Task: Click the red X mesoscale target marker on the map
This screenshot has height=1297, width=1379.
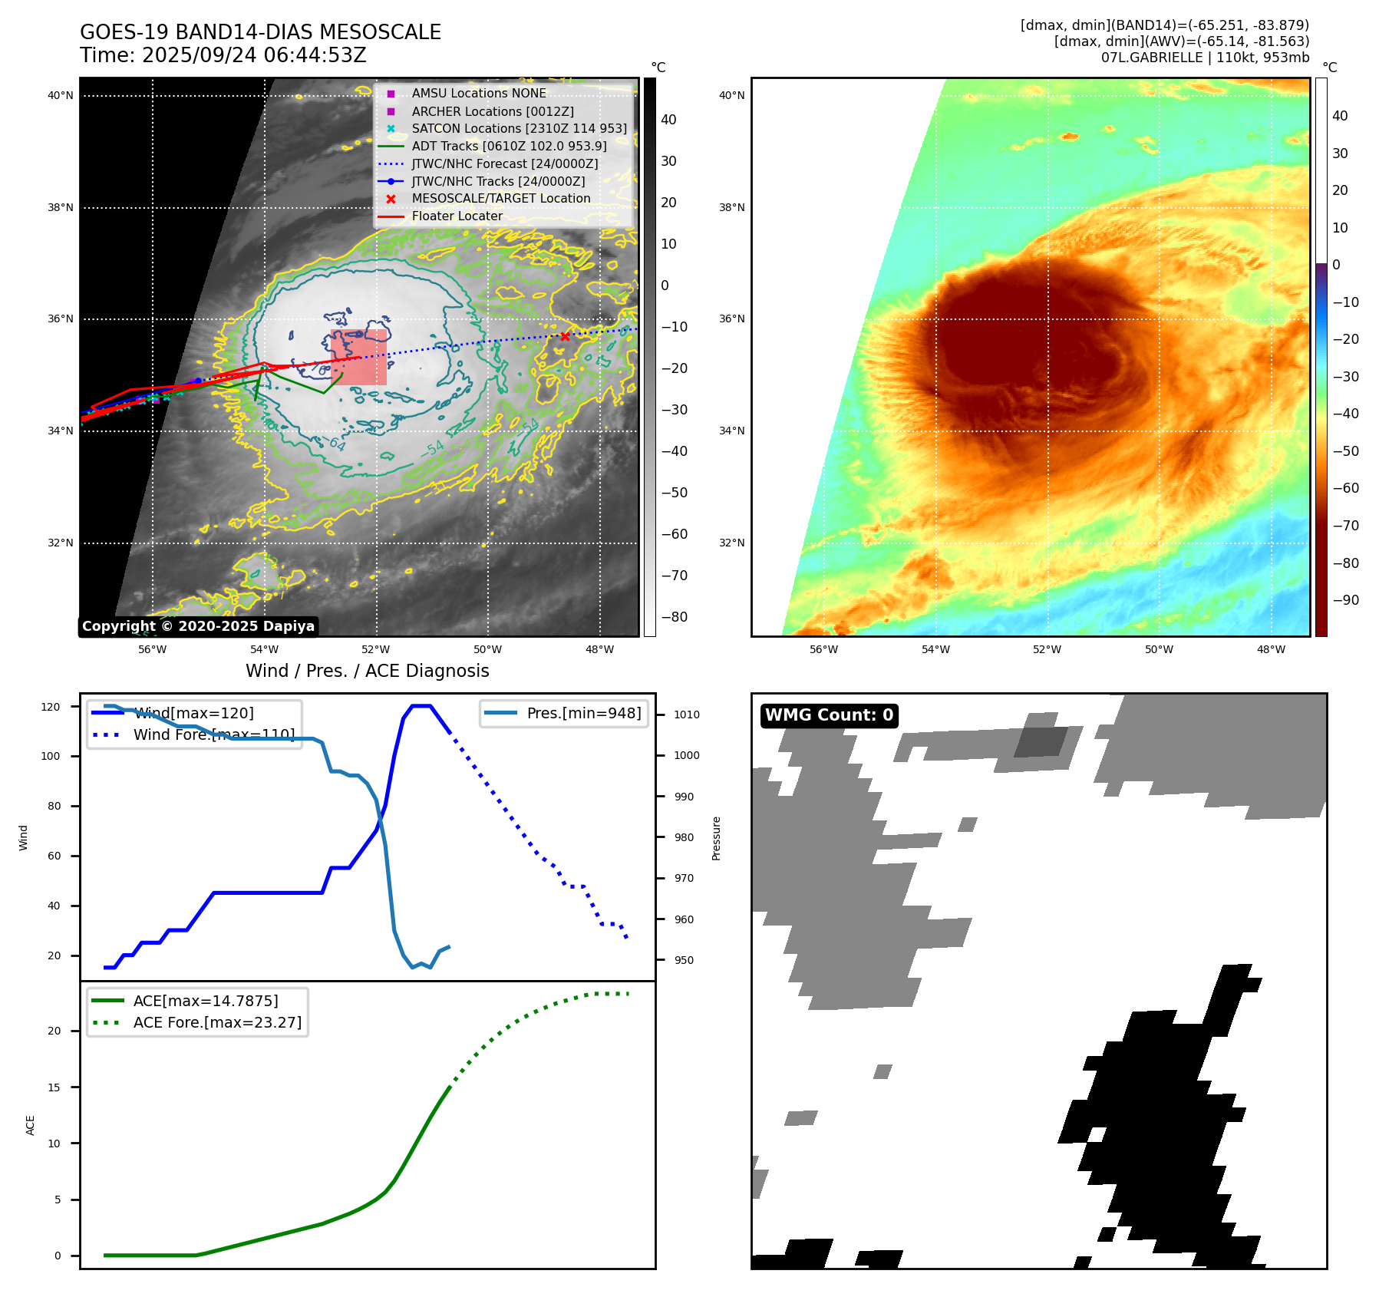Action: pyautogui.click(x=565, y=336)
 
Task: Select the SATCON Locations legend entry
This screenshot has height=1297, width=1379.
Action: pyautogui.click(x=519, y=128)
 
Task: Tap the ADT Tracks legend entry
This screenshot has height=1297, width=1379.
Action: pyautogui.click(x=509, y=146)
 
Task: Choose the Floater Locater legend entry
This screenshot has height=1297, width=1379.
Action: pyautogui.click(x=457, y=216)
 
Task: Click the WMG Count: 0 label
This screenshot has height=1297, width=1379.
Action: pyautogui.click(x=829, y=715)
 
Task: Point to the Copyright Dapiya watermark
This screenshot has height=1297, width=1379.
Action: pyautogui.click(x=198, y=626)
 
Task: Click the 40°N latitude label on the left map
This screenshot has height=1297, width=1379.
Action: pyautogui.click(x=61, y=96)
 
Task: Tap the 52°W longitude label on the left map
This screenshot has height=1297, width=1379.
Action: pyautogui.click(x=376, y=649)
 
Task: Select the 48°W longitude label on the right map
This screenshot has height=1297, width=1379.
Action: pyautogui.click(x=1271, y=649)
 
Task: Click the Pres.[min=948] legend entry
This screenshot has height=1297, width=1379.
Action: pyautogui.click(x=583, y=713)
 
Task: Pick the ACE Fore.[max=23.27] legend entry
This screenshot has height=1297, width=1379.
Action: pyautogui.click(x=217, y=1022)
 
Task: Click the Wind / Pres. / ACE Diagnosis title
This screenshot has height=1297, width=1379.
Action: pyautogui.click(x=367, y=671)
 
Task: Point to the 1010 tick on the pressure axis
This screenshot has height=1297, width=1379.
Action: pyautogui.click(x=687, y=715)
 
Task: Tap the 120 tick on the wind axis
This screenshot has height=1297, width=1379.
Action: pyautogui.click(x=51, y=707)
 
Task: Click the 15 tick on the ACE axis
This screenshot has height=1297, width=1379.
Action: pyautogui.click(x=54, y=1087)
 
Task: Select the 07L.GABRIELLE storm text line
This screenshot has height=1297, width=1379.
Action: pyautogui.click(x=1205, y=58)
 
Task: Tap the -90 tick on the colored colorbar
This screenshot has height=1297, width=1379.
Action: pyautogui.click(x=1346, y=600)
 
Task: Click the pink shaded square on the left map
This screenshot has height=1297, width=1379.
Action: pyautogui.click(x=359, y=358)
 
